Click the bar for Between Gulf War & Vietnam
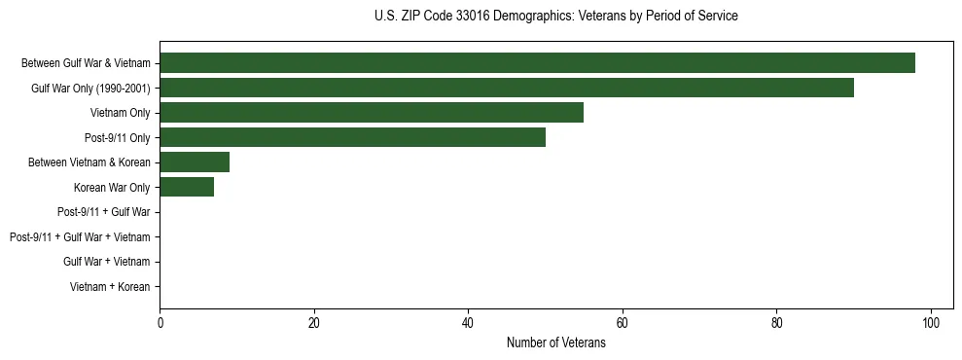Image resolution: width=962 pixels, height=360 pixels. tap(537, 63)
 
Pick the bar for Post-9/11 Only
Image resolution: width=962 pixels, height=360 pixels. tap(352, 137)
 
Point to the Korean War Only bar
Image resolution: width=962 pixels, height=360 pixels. tap(187, 188)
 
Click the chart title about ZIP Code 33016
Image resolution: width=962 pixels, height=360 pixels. tap(555, 17)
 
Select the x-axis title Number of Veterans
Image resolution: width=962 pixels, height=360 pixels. tap(555, 343)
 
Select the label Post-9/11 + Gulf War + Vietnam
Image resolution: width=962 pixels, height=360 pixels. tap(80, 237)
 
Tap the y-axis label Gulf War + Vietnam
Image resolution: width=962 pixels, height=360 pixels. tap(107, 262)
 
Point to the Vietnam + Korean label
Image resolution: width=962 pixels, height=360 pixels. tap(110, 287)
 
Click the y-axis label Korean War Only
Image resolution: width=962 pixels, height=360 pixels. tap(112, 188)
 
